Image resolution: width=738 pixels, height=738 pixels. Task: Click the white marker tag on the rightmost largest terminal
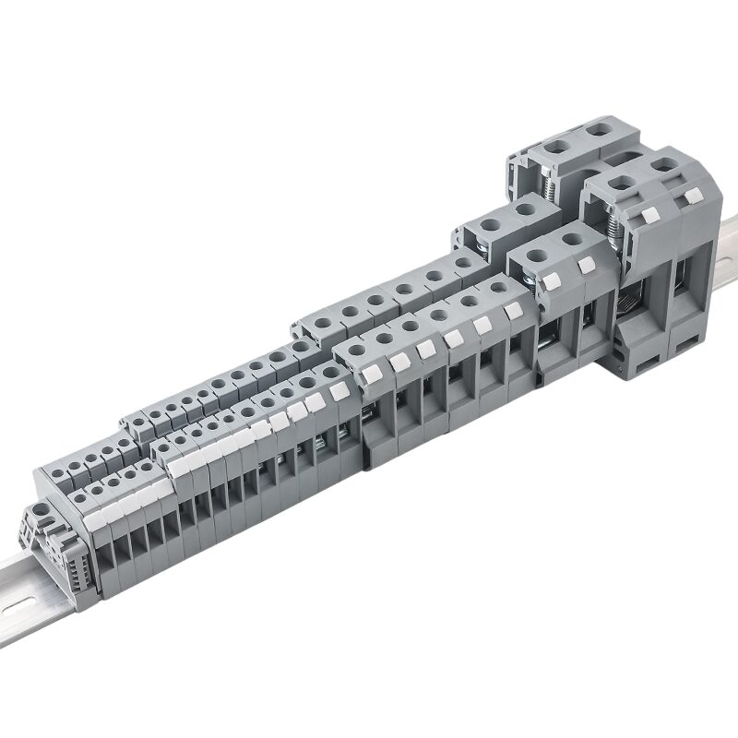point(690,195)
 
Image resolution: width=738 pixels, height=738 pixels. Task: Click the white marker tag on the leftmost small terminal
point(95,520)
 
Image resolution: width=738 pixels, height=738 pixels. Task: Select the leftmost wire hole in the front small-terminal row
point(82,499)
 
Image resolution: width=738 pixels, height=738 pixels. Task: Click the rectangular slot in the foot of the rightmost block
point(684,348)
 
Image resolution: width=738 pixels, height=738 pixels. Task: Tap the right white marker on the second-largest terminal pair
point(584,266)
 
